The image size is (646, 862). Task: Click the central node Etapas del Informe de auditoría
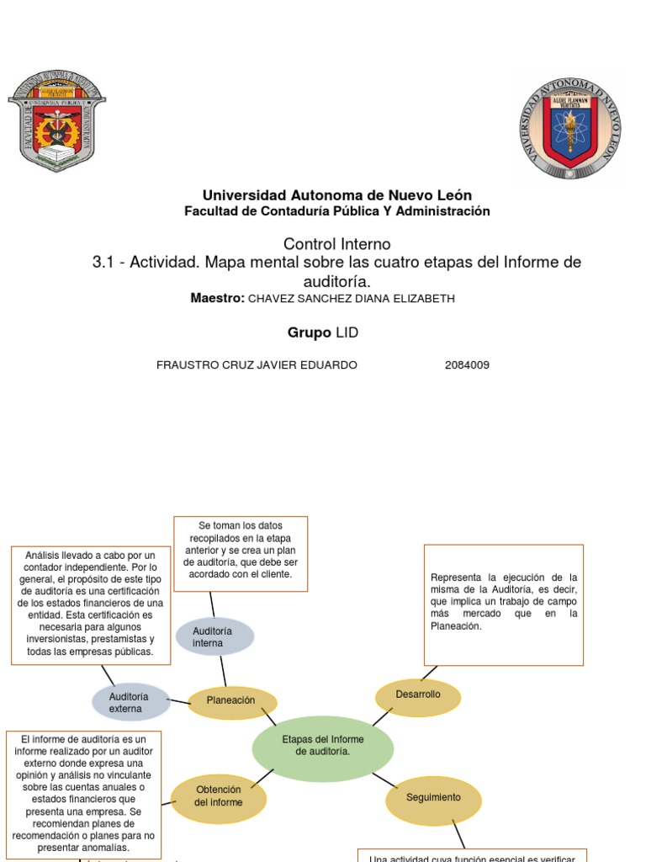coord(322,744)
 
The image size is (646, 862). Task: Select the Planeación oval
coord(231,701)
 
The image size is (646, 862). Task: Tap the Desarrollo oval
coord(418,695)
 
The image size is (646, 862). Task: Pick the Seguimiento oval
coord(433,798)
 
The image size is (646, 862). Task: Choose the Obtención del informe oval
coord(219,796)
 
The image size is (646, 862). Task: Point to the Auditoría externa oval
coord(130,703)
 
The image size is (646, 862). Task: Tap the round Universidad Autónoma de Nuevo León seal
coord(570,129)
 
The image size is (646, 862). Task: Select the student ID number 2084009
coord(467,365)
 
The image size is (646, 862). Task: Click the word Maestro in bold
coord(217,299)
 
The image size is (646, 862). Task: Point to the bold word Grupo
coord(309,333)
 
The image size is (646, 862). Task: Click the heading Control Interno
coord(336,244)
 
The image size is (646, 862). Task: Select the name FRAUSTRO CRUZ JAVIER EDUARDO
coord(257,365)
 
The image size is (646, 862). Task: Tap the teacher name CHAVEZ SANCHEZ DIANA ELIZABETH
coord(352,300)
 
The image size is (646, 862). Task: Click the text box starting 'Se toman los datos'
coord(241,554)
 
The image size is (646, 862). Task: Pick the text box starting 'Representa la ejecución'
coord(504,604)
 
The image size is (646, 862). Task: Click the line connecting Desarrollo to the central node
coord(382,716)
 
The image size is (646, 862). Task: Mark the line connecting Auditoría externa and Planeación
coord(178,701)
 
